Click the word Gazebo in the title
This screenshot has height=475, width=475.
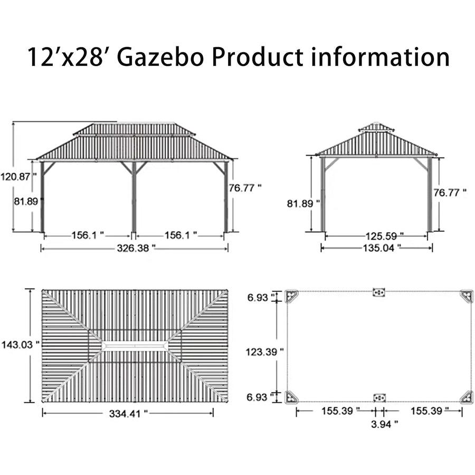(159, 57)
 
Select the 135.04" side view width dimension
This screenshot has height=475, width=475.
(377, 246)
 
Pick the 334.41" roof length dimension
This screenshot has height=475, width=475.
(128, 414)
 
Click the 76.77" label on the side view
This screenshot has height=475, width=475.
(450, 193)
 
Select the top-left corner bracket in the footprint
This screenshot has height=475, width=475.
(291, 296)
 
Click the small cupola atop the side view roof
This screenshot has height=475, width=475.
(376, 127)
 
